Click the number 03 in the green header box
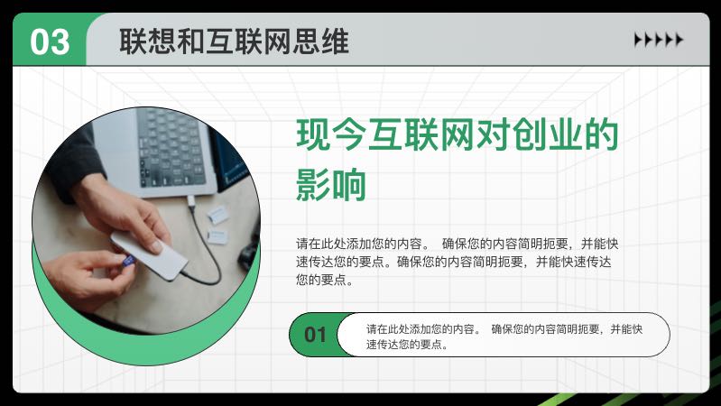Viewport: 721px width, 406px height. (x=50, y=42)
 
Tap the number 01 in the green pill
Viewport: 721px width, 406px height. (x=315, y=335)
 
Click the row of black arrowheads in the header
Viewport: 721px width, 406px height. (x=658, y=40)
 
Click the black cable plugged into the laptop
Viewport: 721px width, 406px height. (x=217, y=253)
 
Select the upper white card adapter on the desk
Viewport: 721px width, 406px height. (x=217, y=213)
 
